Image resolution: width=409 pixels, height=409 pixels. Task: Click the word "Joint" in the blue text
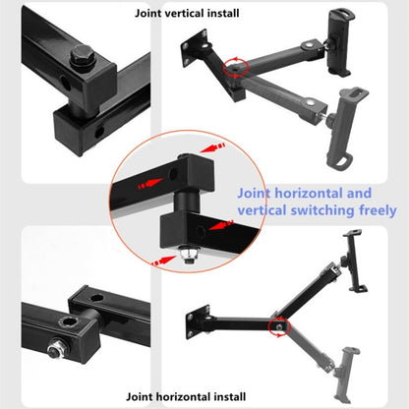point(259,194)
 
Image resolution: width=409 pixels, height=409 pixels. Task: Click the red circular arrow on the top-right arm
point(233,67)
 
